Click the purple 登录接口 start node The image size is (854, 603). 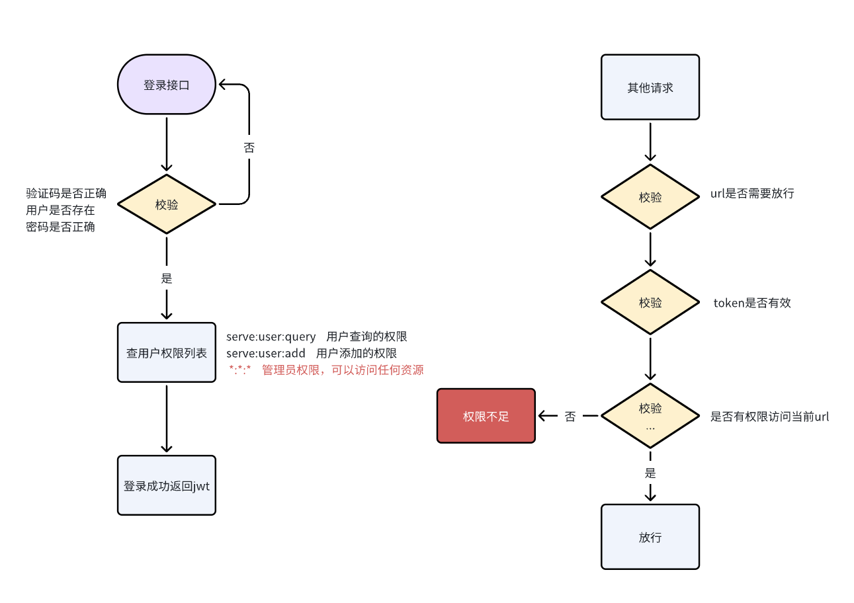[x=166, y=85]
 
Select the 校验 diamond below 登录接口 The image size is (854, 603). [x=166, y=204]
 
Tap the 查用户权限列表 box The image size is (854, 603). [x=166, y=352]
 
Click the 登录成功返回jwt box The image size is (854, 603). [x=166, y=485]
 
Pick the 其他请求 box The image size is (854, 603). [x=650, y=87]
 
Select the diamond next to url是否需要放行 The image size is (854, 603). [x=650, y=197]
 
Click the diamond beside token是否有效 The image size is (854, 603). [x=650, y=302]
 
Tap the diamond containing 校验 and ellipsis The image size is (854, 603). [x=650, y=416]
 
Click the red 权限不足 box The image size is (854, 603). [x=486, y=416]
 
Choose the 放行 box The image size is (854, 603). [x=650, y=537]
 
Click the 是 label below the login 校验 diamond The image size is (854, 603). [x=166, y=278]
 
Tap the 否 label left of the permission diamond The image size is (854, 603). [x=570, y=417]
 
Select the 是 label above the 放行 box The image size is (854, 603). [x=650, y=473]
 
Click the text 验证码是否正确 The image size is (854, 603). [x=66, y=194]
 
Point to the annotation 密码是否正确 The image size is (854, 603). [x=60, y=227]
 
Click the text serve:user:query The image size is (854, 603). [x=271, y=337]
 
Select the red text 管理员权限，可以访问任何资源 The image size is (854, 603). [x=343, y=370]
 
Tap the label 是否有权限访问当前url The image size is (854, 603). [x=769, y=417]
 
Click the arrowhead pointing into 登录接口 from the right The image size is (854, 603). [x=224, y=85]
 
